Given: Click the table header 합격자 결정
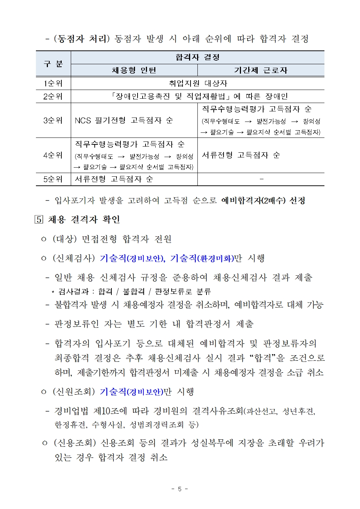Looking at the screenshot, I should click(x=197, y=57).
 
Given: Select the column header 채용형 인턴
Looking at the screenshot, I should click(x=134, y=70).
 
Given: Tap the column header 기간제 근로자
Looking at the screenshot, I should click(x=261, y=70).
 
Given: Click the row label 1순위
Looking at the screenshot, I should click(x=53, y=83).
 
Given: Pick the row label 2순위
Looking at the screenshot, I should click(x=53, y=97).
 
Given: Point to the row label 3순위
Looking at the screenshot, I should click(x=53, y=120).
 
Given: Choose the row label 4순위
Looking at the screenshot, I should click(x=53, y=155).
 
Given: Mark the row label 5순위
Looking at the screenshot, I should click(x=53, y=179).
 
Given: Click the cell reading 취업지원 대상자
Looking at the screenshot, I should click(x=198, y=83).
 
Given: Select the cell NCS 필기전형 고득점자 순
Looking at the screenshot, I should click(x=124, y=120).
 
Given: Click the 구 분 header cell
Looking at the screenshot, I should click(x=53, y=64).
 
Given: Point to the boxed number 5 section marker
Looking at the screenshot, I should click(x=39, y=219).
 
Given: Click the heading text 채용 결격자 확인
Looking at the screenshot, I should click(x=84, y=219).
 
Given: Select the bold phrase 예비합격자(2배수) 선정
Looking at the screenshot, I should click(x=263, y=201).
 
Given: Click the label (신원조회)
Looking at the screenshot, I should click(x=74, y=392).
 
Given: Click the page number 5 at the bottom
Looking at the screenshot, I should click(x=180, y=489).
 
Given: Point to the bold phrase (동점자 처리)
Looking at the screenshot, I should click(x=81, y=39).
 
